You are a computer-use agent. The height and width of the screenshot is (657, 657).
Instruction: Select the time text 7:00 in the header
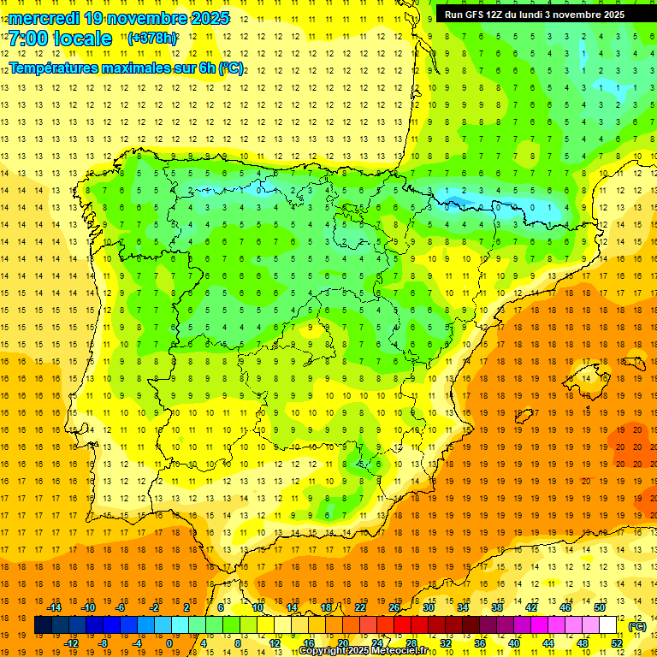tap(26, 38)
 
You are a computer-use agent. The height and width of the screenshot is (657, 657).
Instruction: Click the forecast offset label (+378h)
tap(152, 38)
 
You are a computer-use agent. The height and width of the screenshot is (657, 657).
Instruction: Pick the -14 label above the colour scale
tap(54, 607)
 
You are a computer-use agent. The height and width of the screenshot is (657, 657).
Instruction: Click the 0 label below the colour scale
tap(169, 643)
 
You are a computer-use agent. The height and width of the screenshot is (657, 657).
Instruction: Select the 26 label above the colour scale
tap(394, 607)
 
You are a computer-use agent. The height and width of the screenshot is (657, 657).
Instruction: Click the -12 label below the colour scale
tap(70, 643)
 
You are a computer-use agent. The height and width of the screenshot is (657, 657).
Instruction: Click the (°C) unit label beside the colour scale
tap(637, 625)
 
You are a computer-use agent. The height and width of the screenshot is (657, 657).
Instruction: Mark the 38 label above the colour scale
tap(497, 607)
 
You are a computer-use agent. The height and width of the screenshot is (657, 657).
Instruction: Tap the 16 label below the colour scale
tap(308, 643)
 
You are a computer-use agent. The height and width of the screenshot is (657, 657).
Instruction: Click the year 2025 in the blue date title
tap(207, 18)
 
